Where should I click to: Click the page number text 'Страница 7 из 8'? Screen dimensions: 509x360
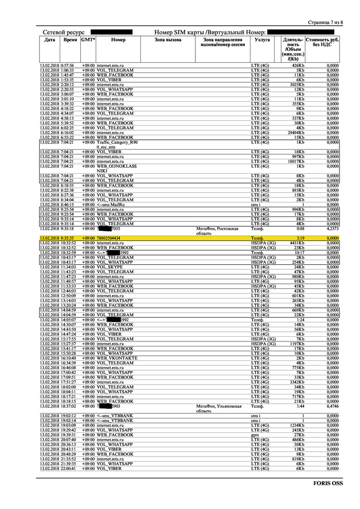click(325, 23)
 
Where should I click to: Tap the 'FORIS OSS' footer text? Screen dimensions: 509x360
click(328, 483)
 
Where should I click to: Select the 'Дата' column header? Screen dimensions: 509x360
click(49, 40)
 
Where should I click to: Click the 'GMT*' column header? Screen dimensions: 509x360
click(88, 40)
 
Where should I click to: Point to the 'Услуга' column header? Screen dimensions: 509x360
click(262, 40)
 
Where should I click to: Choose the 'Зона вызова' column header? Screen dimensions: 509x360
click(168, 40)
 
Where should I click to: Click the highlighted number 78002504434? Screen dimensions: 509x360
click(109, 239)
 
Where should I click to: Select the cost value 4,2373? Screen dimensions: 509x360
click(330, 229)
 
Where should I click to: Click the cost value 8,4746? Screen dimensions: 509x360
click(330, 406)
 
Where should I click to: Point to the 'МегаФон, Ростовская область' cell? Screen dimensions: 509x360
click(218, 231)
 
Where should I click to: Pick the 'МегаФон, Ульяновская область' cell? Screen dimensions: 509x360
click(219, 408)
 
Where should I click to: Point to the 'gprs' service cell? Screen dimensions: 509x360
click(255, 435)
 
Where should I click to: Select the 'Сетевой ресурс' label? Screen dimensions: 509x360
click(63, 32)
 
